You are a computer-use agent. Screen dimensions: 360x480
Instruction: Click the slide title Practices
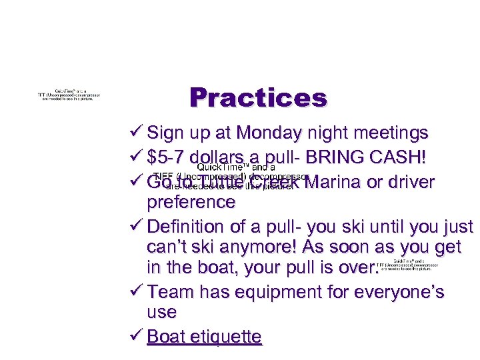[258, 98]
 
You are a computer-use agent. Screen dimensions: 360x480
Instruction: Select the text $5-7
[170, 157]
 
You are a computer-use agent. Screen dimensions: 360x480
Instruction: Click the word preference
[191, 201]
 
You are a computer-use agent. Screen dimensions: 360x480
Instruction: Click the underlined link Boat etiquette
[204, 336]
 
